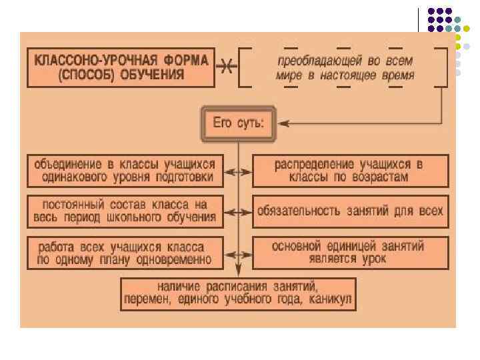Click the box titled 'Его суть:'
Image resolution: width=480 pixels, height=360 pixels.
coord(237,123)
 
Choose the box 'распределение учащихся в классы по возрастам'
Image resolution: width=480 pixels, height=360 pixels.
coord(349,171)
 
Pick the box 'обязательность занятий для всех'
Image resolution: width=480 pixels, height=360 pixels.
coord(349,211)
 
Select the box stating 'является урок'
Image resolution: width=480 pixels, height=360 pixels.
coord(349,253)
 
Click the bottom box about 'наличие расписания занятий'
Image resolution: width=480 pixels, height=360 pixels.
coord(239,293)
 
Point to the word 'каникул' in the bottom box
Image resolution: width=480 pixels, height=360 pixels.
coord(330,301)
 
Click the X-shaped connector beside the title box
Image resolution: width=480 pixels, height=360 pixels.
coord(226,67)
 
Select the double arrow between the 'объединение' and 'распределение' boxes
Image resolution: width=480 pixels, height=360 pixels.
coord(237,171)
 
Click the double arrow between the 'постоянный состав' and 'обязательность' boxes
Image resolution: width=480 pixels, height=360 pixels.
coord(237,212)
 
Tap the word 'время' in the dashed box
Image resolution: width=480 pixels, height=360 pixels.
coord(397,75)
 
